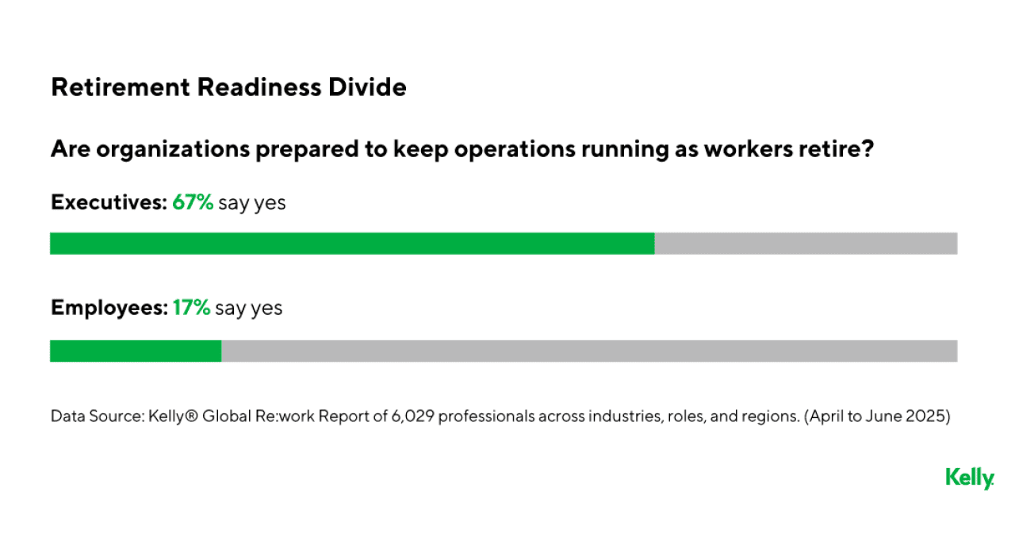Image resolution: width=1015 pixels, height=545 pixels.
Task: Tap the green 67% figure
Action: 193,202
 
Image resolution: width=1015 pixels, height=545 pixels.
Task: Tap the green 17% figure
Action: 191,308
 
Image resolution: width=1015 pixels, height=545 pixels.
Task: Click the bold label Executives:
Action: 109,202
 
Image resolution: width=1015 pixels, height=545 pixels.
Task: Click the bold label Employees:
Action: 109,308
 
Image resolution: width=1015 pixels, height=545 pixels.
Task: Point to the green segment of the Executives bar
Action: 352,244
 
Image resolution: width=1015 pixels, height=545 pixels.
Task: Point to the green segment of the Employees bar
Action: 136,351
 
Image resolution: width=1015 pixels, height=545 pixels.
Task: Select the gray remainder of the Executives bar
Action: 806,244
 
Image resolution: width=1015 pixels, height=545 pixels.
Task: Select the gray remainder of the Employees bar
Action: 588,351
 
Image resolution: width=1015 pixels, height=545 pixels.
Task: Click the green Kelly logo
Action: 969,478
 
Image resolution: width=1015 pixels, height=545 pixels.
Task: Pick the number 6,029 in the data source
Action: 412,416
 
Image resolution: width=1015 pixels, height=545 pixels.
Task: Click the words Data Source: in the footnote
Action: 96,416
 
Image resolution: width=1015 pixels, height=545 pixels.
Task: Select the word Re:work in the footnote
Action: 289,416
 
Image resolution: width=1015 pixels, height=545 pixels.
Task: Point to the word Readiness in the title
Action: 262,87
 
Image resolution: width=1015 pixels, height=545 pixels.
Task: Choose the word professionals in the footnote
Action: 485,416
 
